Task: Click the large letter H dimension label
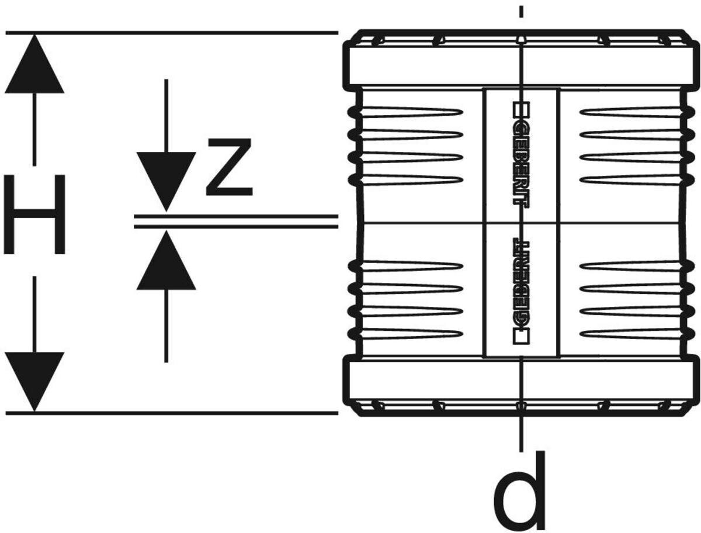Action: (x=34, y=215)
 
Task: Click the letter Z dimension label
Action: (x=229, y=167)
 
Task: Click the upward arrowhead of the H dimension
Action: (x=34, y=64)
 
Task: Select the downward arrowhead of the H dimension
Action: (x=34, y=380)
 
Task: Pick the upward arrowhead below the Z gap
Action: (x=166, y=261)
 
